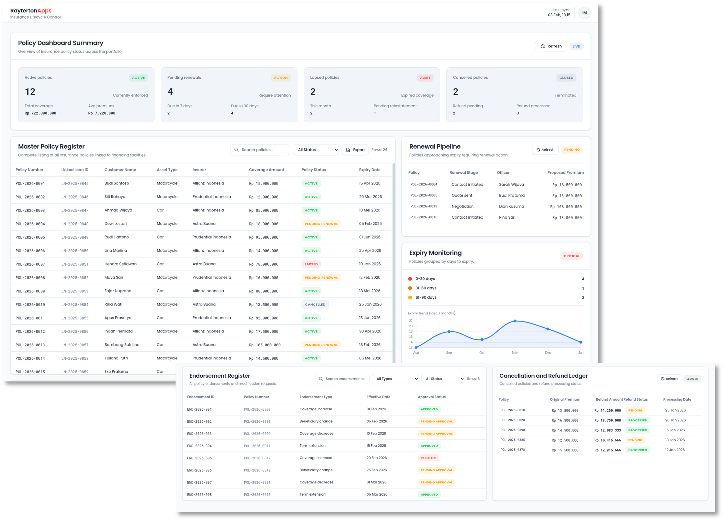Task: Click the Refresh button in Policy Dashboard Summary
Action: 551,46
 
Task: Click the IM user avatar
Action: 584,13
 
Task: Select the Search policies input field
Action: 263,150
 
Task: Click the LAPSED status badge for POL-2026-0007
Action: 311,264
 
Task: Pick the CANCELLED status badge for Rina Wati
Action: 315,305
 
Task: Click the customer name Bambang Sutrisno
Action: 122,345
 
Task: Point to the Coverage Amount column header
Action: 266,170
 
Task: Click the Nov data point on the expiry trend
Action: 515,321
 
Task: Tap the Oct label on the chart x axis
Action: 482,353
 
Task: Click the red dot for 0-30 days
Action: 410,279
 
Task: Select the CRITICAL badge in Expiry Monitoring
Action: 571,256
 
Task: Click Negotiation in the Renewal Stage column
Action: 462,207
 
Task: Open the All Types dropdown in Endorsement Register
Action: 395,379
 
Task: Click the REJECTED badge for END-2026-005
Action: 428,458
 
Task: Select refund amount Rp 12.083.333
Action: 607,430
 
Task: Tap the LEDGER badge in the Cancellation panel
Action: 692,379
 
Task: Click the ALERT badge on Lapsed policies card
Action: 425,78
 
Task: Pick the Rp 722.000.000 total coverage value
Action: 40,113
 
